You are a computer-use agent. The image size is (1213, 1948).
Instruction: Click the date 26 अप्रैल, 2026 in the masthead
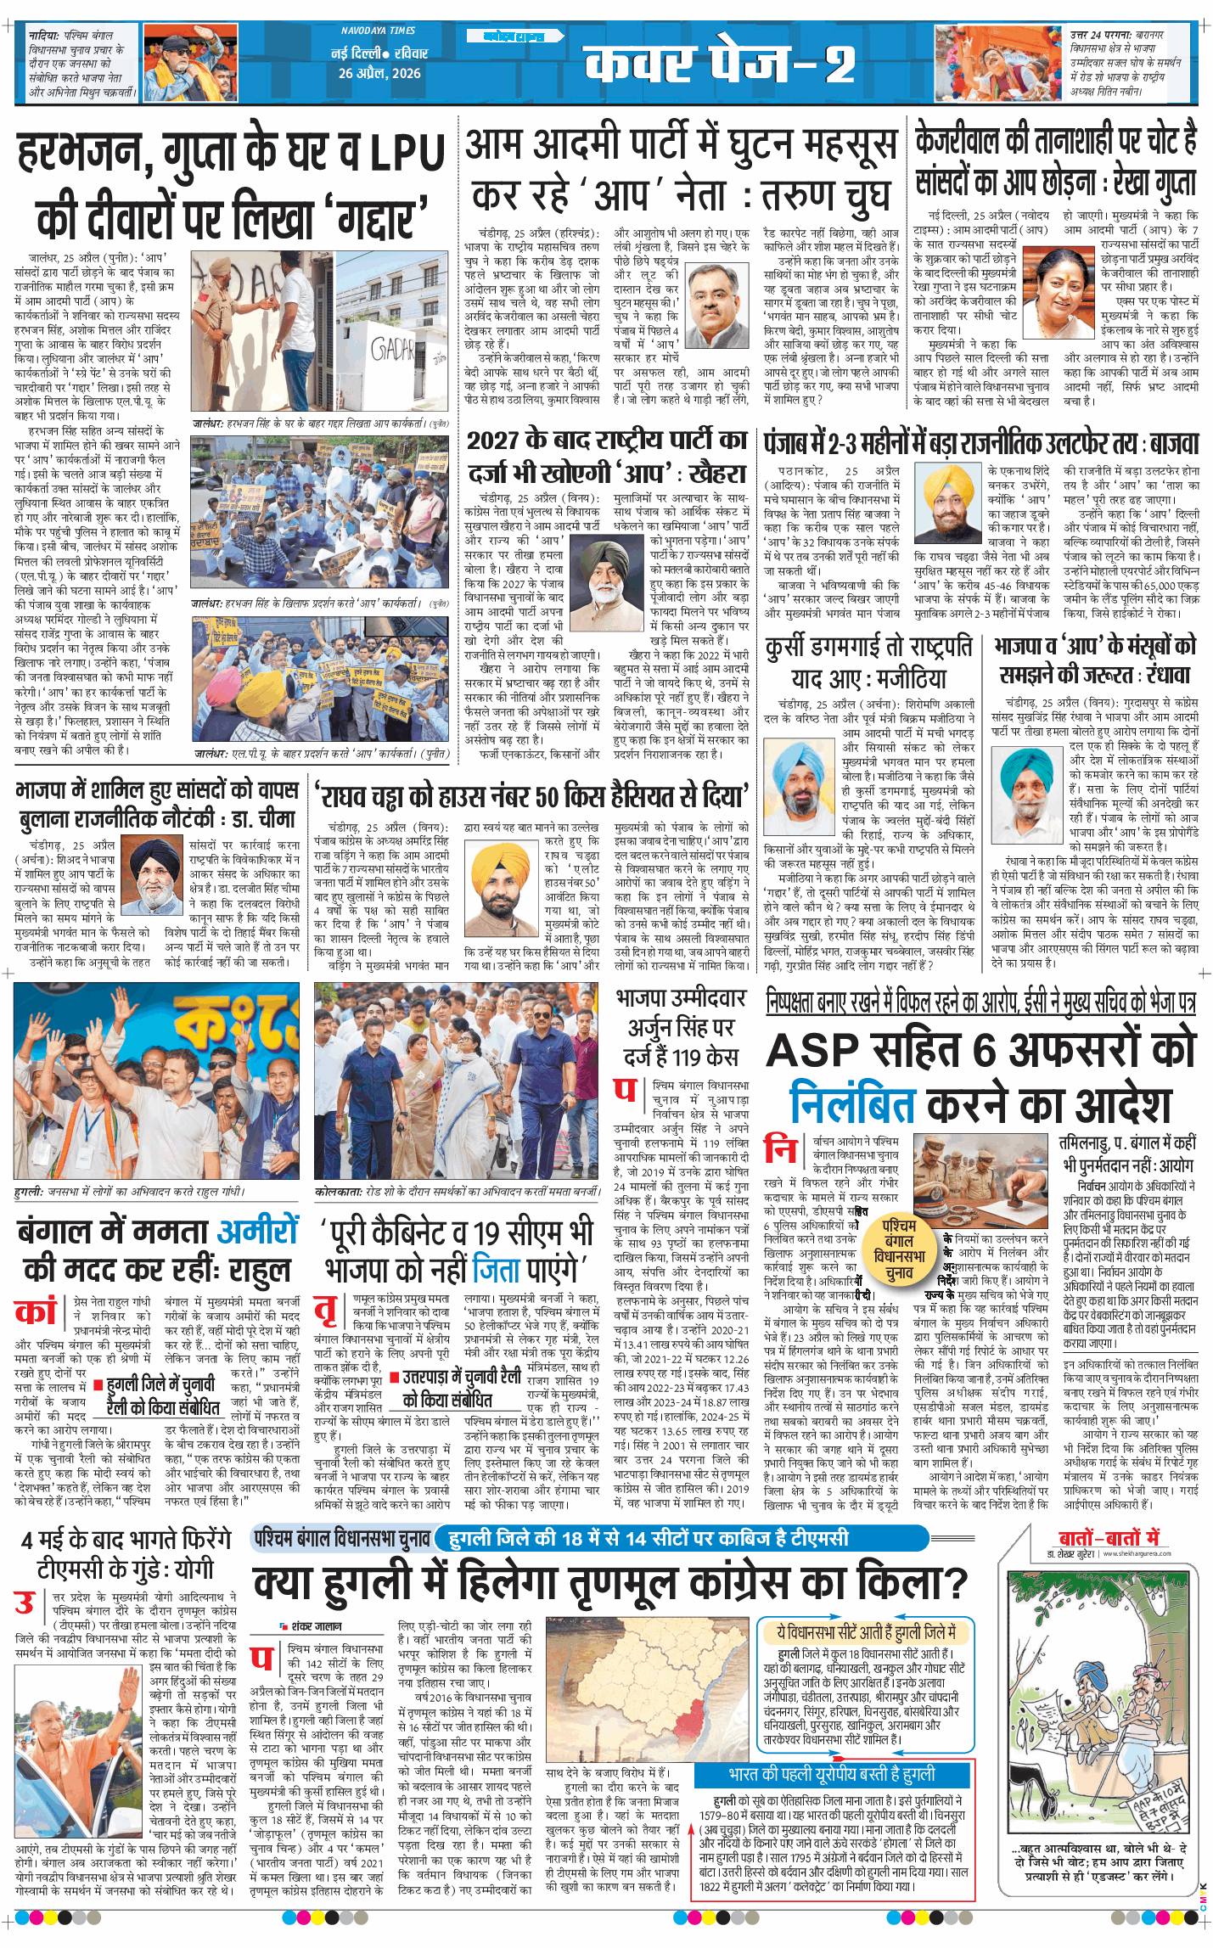click(x=379, y=73)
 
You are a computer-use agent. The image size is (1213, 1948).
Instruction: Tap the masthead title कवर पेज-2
click(x=719, y=63)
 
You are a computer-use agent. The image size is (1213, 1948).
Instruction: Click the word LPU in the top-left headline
click(x=407, y=154)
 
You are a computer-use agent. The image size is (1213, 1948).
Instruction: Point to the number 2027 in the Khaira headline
click(x=492, y=441)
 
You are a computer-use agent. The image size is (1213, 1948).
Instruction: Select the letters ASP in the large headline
click(x=813, y=1051)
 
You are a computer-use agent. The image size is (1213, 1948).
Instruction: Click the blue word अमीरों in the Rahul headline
click(x=258, y=1230)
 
